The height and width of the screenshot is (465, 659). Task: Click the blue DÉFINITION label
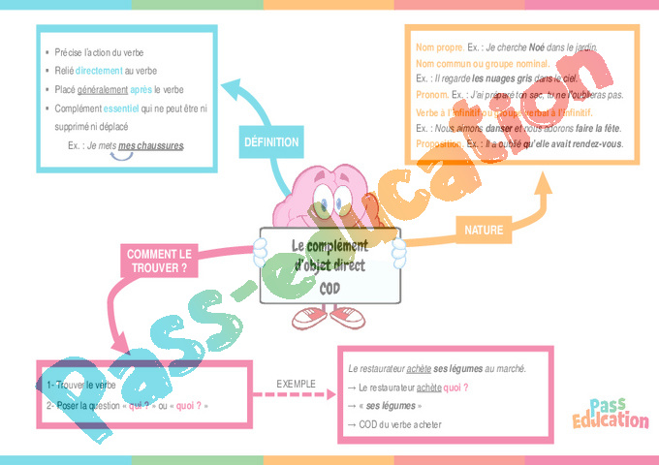pyautogui.click(x=270, y=142)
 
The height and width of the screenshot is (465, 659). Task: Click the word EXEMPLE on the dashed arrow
pyautogui.click(x=296, y=384)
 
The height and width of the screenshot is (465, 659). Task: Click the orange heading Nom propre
pyautogui.click(x=438, y=46)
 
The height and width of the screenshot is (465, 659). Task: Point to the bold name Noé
pyautogui.click(x=541, y=46)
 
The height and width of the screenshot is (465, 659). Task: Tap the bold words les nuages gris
pyautogui.click(x=504, y=77)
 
